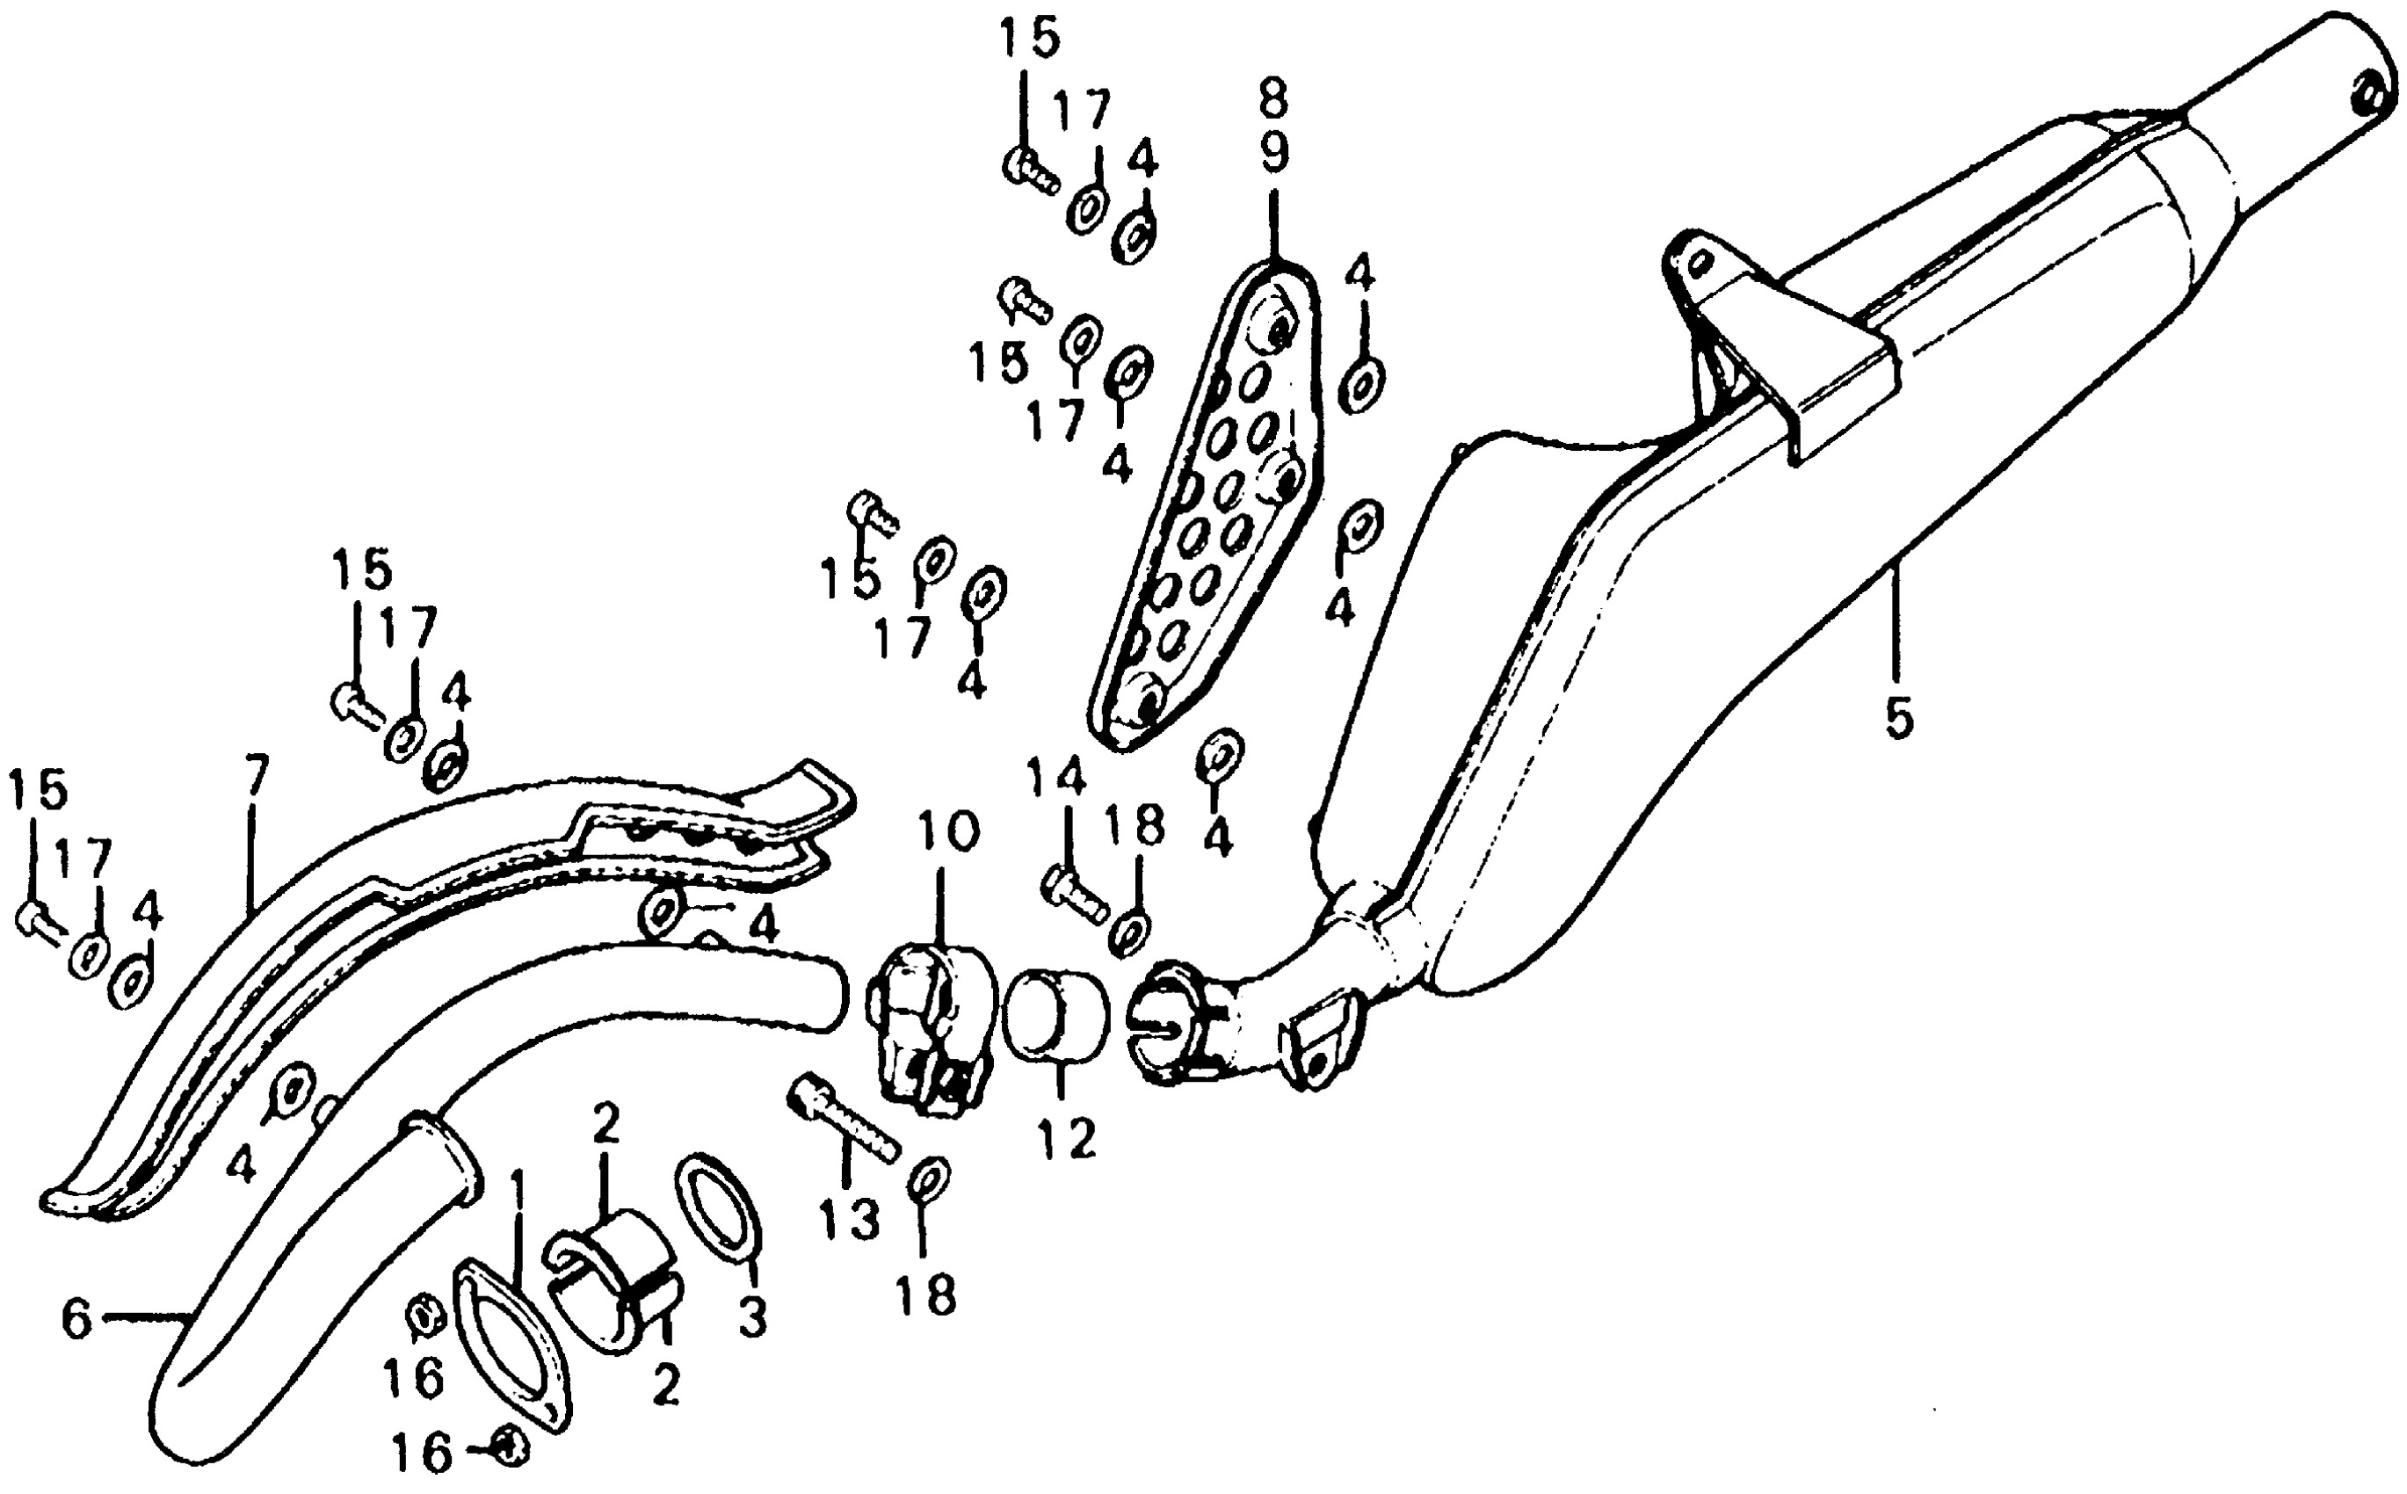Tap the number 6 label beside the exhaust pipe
click(76, 1320)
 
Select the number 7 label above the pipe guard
click(254, 778)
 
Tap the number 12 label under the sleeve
click(1067, 1137)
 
